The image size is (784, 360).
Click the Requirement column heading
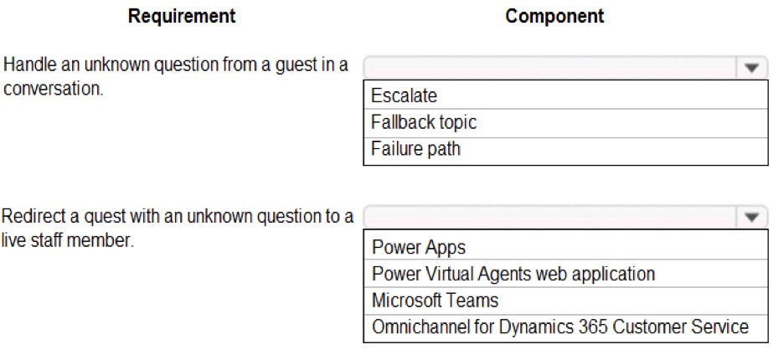[x=182, y=16]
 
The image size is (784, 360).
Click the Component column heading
[x=554, y=16]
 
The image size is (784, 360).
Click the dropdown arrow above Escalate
[x=751, y=68]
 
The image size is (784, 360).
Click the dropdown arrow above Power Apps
[x=751, y=217]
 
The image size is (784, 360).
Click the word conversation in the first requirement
[x=53, y=90]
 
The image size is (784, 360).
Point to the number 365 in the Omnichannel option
[x=594, y=327]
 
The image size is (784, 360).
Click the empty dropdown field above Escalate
[x=550, y=68]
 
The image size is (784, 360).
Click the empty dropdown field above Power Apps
[x=550, y=217]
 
